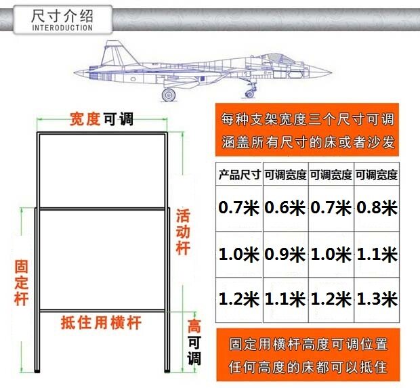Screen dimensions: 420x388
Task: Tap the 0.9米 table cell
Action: (285, 255)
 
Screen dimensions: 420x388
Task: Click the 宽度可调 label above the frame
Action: (102, 120)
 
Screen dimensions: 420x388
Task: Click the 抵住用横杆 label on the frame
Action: (101, 322)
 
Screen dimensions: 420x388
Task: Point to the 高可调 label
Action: (194, 342)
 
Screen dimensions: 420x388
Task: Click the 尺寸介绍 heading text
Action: (62, 16)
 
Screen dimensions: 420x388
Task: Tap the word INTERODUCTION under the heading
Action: (62, 28)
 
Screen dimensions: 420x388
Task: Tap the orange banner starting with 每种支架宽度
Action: (307, 131)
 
